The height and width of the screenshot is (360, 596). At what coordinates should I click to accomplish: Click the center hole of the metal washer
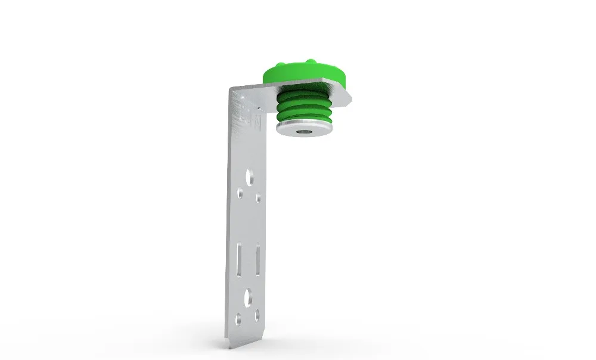305,128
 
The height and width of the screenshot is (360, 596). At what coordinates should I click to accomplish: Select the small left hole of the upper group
240,193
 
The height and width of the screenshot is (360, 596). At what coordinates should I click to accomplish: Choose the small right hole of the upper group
258,198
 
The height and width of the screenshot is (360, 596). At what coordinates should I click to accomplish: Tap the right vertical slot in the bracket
257,260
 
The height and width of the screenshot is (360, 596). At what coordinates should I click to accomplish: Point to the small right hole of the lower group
257,315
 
